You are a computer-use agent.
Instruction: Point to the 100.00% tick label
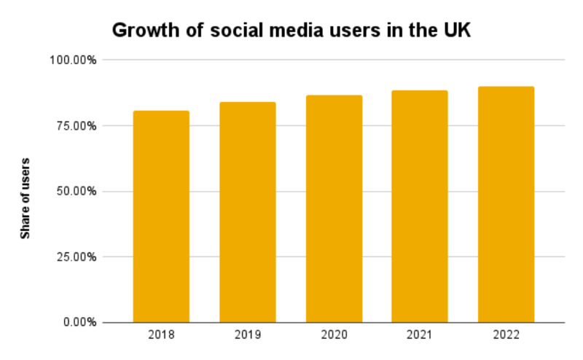point(73,60)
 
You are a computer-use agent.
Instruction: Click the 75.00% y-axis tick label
point(76,125)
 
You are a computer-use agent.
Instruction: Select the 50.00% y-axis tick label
point(76,191)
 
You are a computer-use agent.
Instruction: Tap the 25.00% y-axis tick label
point(76,257)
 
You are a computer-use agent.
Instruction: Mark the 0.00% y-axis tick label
point(79,322)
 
